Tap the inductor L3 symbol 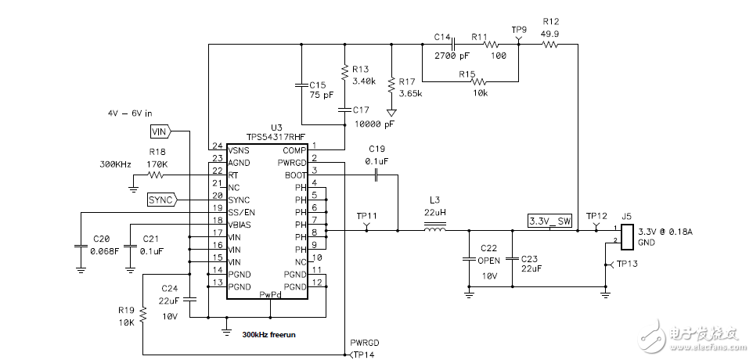pos(435,230)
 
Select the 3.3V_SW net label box pos(550,221)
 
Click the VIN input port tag pos(160,131)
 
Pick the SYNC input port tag pos(161,200)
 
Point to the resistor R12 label pos(550,21)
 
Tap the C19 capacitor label pos(377,148)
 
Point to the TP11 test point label pos(366,214)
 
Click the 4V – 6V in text pos(131,113)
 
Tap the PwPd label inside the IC pos(269,294)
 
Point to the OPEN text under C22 pos(488,261)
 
